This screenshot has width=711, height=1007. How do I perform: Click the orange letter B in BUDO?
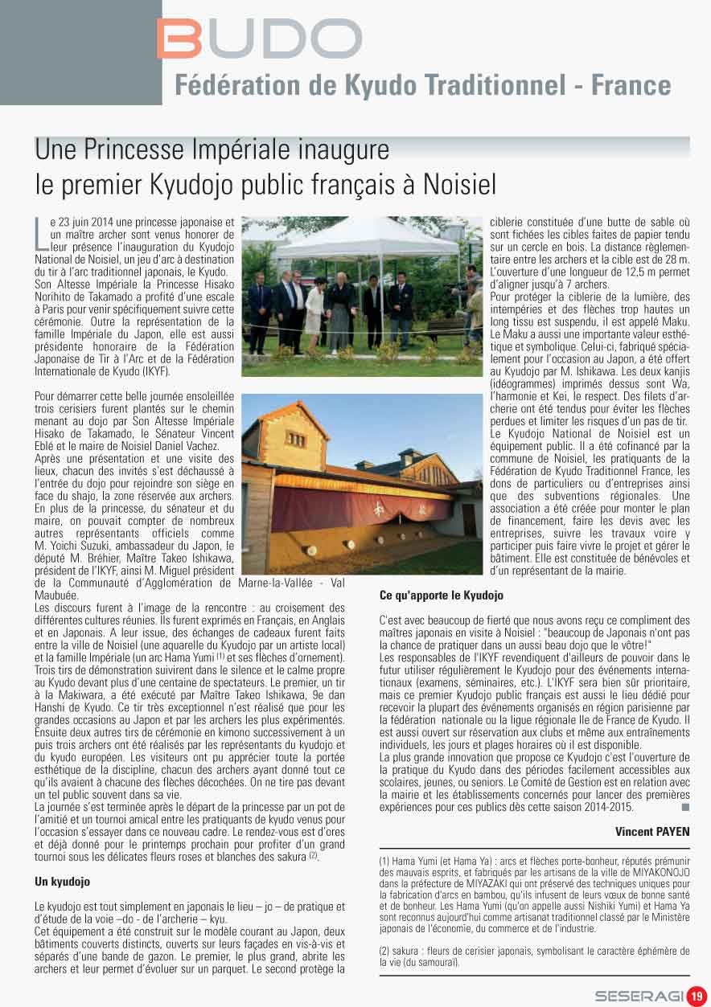pyautogui.click(x=179, y=39)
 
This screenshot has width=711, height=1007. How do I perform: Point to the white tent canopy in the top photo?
pyautogui.click(x=354, y=238)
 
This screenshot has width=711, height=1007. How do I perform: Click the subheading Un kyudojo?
pyautogui.click(x=62, y=882)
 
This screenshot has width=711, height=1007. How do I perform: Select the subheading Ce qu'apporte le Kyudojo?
pyautogui.click(x=441, y=596)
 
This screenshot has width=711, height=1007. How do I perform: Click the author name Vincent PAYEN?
pyautogui.click(x=652, y=831)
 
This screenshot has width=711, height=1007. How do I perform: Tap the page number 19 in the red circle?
pyautogui.click(x=697, y=995)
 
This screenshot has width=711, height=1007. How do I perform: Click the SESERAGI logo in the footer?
pyautogui.click(x=639, y=996)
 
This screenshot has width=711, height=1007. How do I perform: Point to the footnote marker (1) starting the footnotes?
pyautogui.click(x=385, y=861)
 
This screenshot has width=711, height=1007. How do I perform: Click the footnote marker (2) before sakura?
pyautogui.click(x=385, y=951)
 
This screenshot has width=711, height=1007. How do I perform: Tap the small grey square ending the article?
pyautogui.click(x=684, y=807)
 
